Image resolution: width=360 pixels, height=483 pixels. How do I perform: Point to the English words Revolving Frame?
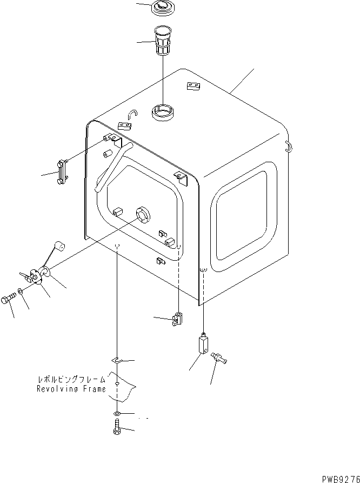tap(71, 389)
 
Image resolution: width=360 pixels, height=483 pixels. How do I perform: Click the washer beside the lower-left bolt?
tap(20, 292)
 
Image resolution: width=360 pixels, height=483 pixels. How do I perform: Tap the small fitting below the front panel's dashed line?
tap(178, 320)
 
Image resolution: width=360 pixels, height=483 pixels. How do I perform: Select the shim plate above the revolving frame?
tap(117, 360)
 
